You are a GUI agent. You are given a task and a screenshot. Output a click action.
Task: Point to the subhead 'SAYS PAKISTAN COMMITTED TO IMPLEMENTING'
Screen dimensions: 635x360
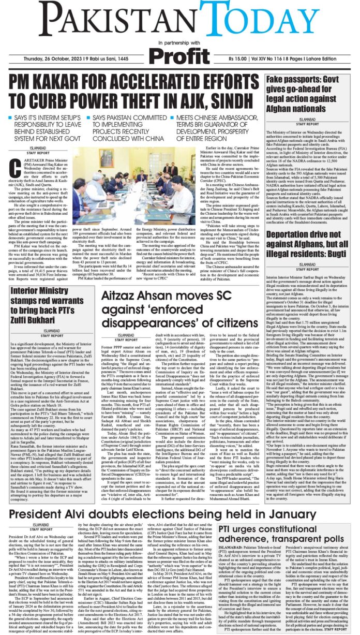click(x=131, y=127)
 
